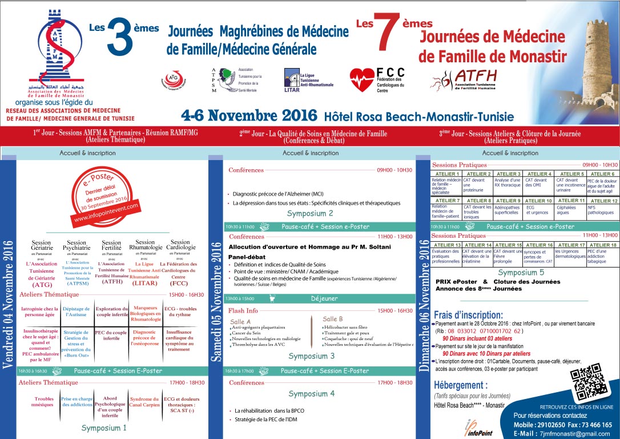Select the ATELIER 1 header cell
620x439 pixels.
click(x=447, y=174)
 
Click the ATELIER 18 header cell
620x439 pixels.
click(x=602, y=245)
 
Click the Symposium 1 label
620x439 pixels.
click(x=104, y=427)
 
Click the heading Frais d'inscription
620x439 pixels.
click(x=468, y=314)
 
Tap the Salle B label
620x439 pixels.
click(x=333, y=318)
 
